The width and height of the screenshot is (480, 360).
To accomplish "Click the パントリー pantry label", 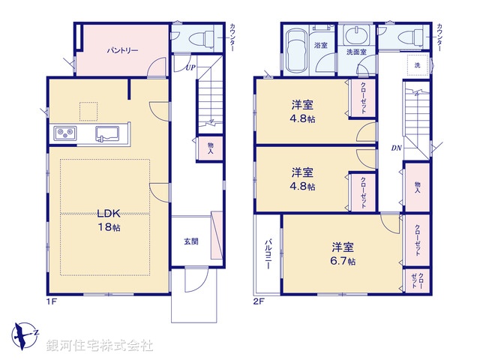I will coord(121,51).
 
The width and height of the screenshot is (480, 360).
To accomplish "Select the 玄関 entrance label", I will coord(190,241).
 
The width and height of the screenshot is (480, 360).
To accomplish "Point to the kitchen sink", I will coord(105,134).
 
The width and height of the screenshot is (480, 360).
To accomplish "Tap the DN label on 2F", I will coord(396,147).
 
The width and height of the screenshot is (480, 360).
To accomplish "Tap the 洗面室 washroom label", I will coord(356,53).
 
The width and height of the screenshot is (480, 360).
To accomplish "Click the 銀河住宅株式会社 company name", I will coord(100,346).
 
